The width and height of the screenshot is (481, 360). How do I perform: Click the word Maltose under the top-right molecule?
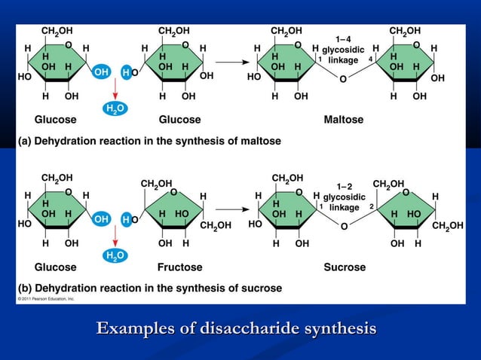343,120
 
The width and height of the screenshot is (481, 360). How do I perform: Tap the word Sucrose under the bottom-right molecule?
345,267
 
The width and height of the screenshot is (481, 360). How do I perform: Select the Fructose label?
179,267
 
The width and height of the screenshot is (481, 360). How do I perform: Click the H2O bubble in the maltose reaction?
114,109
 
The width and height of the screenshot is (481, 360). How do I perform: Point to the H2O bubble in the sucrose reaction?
114,257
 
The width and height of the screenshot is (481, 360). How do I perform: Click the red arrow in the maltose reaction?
115,88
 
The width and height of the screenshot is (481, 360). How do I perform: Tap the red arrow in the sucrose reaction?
115,236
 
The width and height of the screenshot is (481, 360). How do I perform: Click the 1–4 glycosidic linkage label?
344,49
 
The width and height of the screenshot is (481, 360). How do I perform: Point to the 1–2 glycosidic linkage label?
345,197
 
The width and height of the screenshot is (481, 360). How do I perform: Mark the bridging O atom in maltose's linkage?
343,79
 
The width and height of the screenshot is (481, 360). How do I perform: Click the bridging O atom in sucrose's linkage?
344,226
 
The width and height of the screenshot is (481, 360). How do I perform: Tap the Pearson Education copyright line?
46,299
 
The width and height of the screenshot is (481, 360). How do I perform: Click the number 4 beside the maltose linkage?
370,59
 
